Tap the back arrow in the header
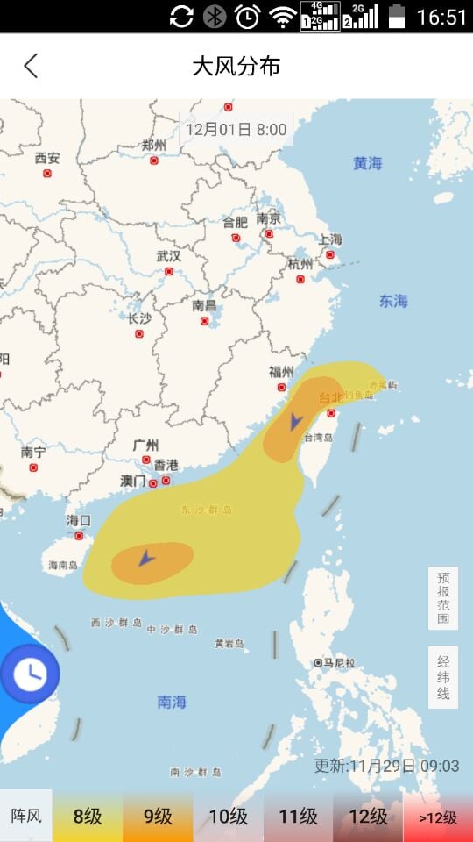coord(31,66)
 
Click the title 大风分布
coord(236,66)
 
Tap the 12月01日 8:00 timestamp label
coord(236,129)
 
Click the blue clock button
coord(30,674)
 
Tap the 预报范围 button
coord(443,598)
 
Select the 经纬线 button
coord(443,677)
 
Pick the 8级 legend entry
coord(88,817)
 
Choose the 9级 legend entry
coord(158,817)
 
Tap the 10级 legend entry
coord(228,817)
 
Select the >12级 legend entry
coord(438,817)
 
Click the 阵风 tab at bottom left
coord(26,817)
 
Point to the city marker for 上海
coord(330,255)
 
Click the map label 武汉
coord(168,257)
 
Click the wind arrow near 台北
coord(295,422)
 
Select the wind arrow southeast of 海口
coord(146,557)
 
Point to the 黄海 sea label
coord(368,163)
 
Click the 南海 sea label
coord(172,702)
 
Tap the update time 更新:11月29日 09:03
coord(386,766)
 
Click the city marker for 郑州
coord(154,161)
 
